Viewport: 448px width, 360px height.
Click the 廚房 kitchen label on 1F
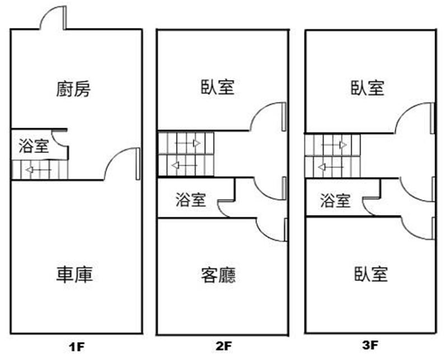pyautogui.click(x=74, y=88)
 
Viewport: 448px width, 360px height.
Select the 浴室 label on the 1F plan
pyautogui.click(x=33, y=147)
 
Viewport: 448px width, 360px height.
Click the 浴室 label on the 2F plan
pyautogui.click(x=190, y=200)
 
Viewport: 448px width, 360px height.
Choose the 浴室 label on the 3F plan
pyautogui.click(x=335, y=200)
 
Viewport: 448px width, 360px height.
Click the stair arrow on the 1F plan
pyautogui.click(x=38, y=169)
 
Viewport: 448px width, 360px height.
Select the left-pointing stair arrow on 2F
pyautogui.click(x=183, y=165)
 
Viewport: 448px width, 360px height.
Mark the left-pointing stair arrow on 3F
pyautogui.click(x=330, y=166)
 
